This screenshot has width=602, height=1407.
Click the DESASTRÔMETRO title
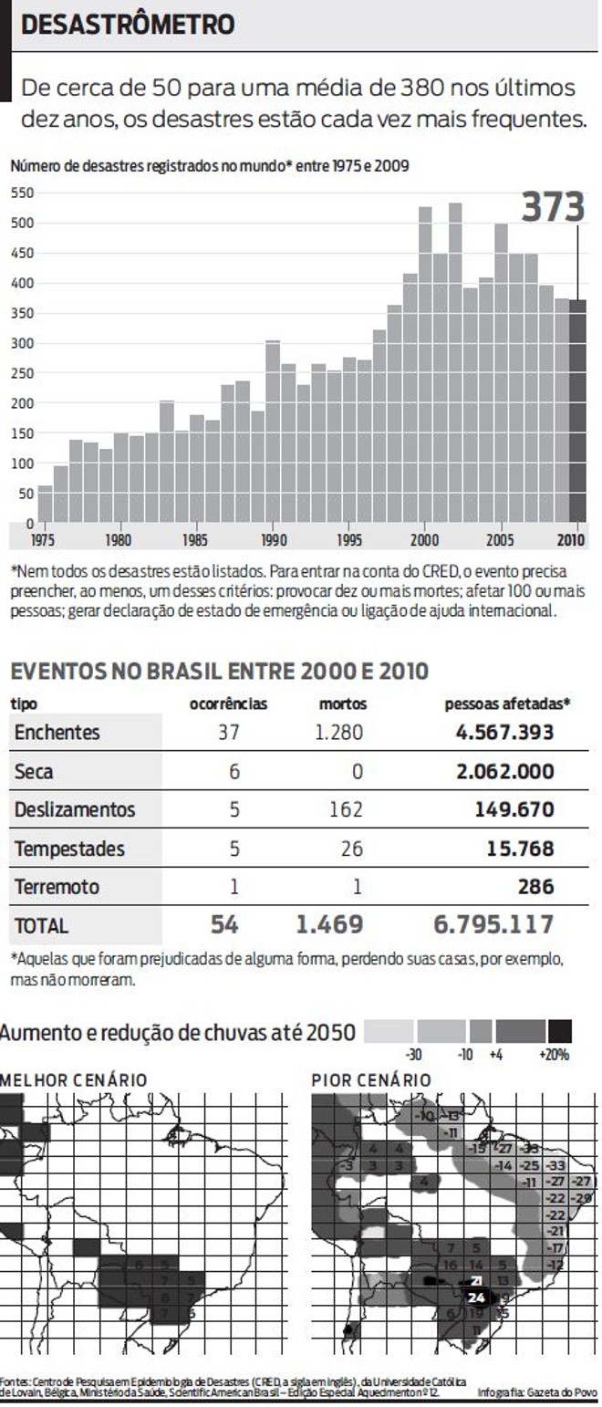coord(127,26)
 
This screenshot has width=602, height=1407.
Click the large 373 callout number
coord(553,207)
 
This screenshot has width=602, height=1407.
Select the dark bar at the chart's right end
coord(577,411)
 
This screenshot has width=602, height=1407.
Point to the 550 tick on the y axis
coord(22,193)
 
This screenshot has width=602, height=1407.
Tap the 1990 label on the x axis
coord(273,540)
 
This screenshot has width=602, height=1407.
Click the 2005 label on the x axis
coord(500,540)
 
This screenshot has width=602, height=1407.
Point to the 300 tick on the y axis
coord(22,343)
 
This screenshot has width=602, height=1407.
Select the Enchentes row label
coord(57,733)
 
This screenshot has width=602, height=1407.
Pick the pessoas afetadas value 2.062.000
coord(504,772)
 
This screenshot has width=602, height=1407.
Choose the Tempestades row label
coord(69,849)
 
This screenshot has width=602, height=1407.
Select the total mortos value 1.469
coord(329,924)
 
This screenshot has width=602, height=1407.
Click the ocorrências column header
coord(228,704)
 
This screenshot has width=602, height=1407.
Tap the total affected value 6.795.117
coord(493,924)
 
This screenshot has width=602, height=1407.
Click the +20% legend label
coord(554,1055)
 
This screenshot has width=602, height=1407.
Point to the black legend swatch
coord(559,1032)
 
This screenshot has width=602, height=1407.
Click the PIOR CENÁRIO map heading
coord(371,1080)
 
